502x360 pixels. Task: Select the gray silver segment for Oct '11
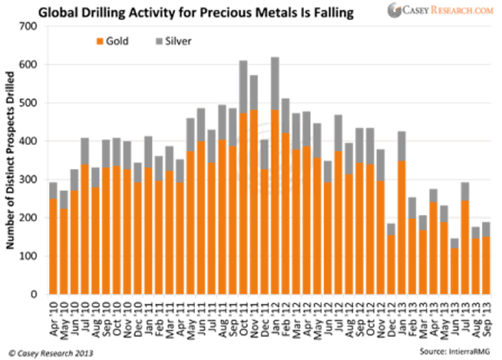coord(242,87)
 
